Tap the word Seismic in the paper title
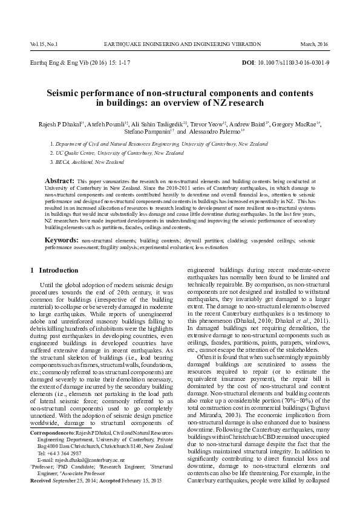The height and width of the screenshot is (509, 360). coord(65,94)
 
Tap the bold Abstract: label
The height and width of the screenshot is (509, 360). coord(60,181)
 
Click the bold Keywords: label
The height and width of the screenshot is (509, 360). coord(62,241)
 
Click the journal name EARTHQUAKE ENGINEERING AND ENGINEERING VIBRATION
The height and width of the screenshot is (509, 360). coord(182,44)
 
